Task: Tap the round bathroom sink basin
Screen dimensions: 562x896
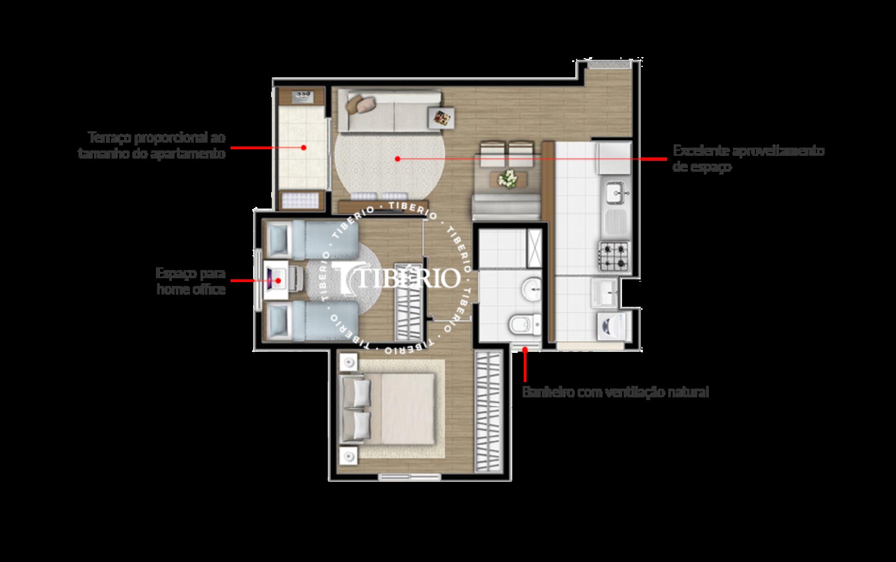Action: click(x=531, y=289)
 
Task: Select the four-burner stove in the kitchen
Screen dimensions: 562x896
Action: click(x=614, y=255)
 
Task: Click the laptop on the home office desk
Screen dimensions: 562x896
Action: click(x=274, y=280)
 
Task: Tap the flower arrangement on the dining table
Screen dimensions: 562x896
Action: click(x=508, y=178)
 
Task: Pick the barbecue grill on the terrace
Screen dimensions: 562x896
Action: click(x=301, y=97)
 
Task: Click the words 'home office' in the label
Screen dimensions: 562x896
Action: click(x=191, y=289)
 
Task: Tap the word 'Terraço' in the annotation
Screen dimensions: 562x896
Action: click(x=109, y=137)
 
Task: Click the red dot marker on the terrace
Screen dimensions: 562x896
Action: click(x=303, y=147)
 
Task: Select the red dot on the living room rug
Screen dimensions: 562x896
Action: click(x=397, y=159)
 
